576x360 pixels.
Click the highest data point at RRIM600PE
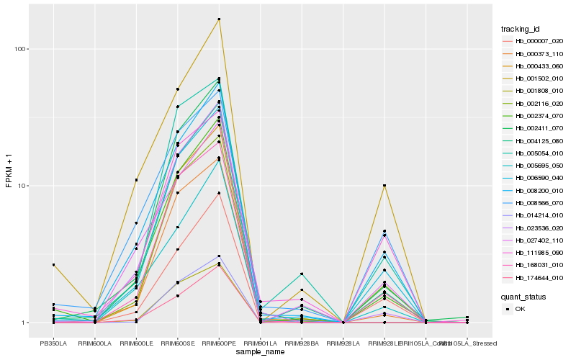(219, 19)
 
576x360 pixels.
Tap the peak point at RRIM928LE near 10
(384, 186)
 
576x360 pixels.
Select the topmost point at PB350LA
(53, 265)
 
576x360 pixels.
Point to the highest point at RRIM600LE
(136, 180)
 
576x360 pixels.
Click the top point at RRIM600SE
(177, 89)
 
